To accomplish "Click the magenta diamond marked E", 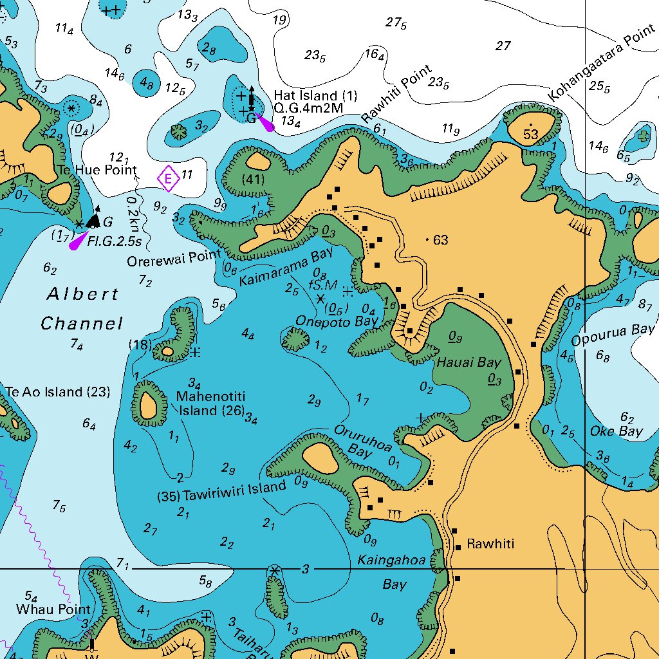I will click(168, 178).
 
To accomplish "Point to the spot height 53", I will click(530, 134).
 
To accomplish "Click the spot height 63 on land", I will click(440, 240).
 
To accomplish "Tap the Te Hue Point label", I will click(97, 170).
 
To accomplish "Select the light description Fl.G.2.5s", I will click(114, 243).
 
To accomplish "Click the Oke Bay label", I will click(616, 431).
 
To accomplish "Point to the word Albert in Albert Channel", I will click(83, 295).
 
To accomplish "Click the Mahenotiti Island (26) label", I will click(210, 404).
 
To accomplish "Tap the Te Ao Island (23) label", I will click(57, 392).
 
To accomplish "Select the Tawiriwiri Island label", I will click(234, 492).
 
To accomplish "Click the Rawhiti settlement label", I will click(490, 544).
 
